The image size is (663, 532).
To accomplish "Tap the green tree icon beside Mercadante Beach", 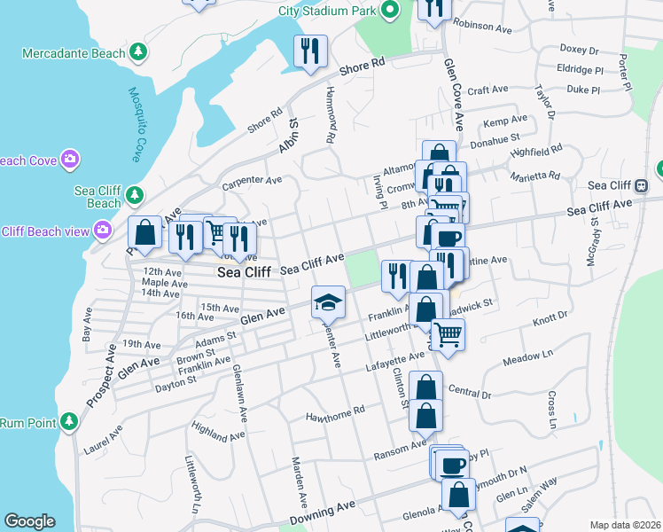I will pyautogui.click(x=137, y=53).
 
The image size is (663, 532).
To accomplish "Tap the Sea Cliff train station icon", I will pyautogui.click(x=641, y=185).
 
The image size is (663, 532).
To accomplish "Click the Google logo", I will pyautogui.click(x=29, y=521).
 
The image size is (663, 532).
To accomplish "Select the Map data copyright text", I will pyautogui.click(x=626, y=525).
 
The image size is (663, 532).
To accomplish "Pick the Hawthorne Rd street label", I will pyautogui.click(x=335, y=411).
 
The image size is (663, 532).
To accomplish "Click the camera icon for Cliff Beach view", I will pyautogui.click(x=103, y=231).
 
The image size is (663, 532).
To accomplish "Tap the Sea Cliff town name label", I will pyautogui.click(x=244, y=273).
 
